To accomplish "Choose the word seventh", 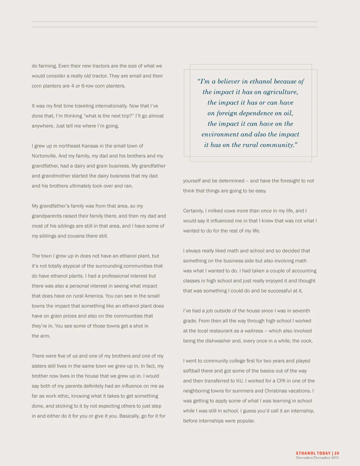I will coord(301,311).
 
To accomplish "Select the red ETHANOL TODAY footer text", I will coord(313,453).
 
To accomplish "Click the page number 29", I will coord(337,453).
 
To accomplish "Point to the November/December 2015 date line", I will coord(317,458).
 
